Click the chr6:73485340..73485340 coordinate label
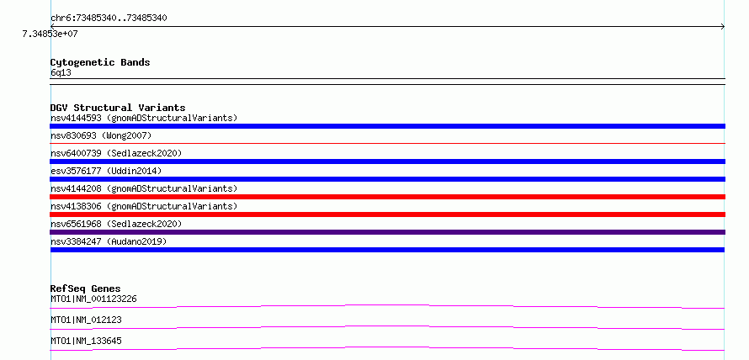coord(109,19)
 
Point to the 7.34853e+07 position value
coord(50,34)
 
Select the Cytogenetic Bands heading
coord(100,62)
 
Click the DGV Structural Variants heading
coord(118,108)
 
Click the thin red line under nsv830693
coord(387,143)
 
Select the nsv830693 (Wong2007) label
coord(101,135)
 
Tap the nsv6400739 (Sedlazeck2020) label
coord(116,153)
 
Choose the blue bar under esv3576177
coord(387,179)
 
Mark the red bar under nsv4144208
coord(387,197)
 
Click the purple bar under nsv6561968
coord(387,232)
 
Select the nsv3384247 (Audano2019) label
coord(109,241)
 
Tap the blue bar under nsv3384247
coord(387,250)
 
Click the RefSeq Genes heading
coord(86,289)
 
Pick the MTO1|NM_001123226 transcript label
coord(94,299)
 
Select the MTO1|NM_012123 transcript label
coord(86,320)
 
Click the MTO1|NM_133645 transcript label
coord(86,341)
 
